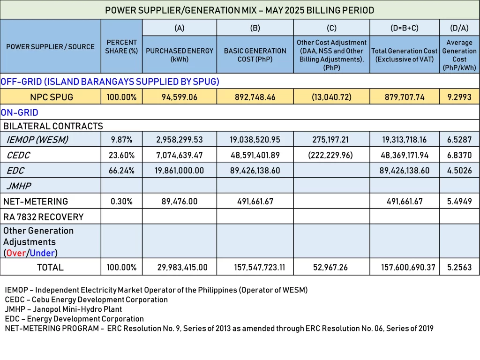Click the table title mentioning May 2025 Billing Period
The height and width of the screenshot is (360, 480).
click(x=240, y=10)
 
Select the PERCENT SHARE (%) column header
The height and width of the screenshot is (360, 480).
click(x=121, y=46)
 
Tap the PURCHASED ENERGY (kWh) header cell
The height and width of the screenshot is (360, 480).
click(x=180, y=55)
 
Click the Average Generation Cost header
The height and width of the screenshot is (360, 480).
click(x=459, y=55)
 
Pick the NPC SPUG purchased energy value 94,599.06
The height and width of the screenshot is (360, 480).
click(x=180, y=97)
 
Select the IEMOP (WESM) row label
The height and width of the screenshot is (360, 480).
click(x=37, y=139)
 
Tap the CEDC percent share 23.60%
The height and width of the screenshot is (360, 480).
click(x=121, y=155)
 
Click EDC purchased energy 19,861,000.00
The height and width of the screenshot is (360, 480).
click(x=180, y=170)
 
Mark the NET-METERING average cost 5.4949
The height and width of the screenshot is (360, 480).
click(x=459, y=201)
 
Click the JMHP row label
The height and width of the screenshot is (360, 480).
click(x=19, y=186)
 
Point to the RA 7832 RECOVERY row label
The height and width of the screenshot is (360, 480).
click(x=43, y=217)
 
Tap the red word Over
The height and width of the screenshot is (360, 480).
click(x=16, y=253)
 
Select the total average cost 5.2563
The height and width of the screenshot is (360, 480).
click(x=459, y=267)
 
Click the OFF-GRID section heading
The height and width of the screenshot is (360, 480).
click(x=110, y=82)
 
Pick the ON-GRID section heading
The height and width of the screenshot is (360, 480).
click(x=20, y=112)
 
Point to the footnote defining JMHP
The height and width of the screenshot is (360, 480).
click(x=63, y=309)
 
